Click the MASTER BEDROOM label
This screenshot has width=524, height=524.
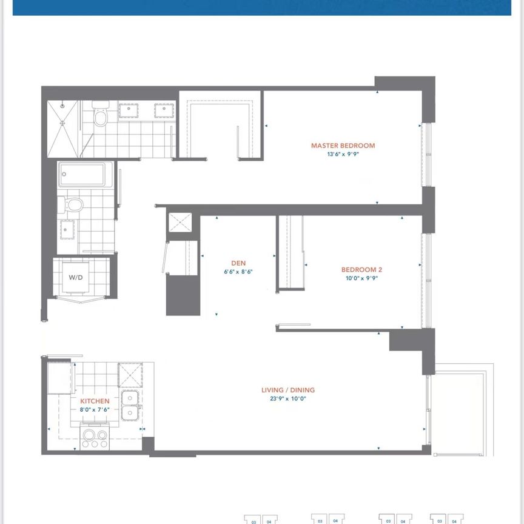[343, 146]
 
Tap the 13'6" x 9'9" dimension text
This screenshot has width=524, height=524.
[343, 154]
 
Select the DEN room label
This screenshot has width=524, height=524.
[238, 263]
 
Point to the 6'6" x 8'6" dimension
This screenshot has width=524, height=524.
[238, 272]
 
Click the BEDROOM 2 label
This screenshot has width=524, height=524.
[361, 270]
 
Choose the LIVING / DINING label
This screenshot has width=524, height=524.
[288, 390]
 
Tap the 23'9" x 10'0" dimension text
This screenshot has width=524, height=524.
[288, 398]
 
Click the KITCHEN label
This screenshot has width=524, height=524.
[95, 401]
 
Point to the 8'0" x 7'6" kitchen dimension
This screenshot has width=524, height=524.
[95, 409]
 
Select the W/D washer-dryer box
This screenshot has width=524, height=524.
[76, 278]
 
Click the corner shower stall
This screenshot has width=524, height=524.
[62, 127]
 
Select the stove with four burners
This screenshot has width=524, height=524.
[94, 438]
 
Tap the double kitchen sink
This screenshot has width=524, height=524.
[130, 405]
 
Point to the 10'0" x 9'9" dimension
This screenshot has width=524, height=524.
[361, 278]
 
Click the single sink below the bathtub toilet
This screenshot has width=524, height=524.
[66, 229]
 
